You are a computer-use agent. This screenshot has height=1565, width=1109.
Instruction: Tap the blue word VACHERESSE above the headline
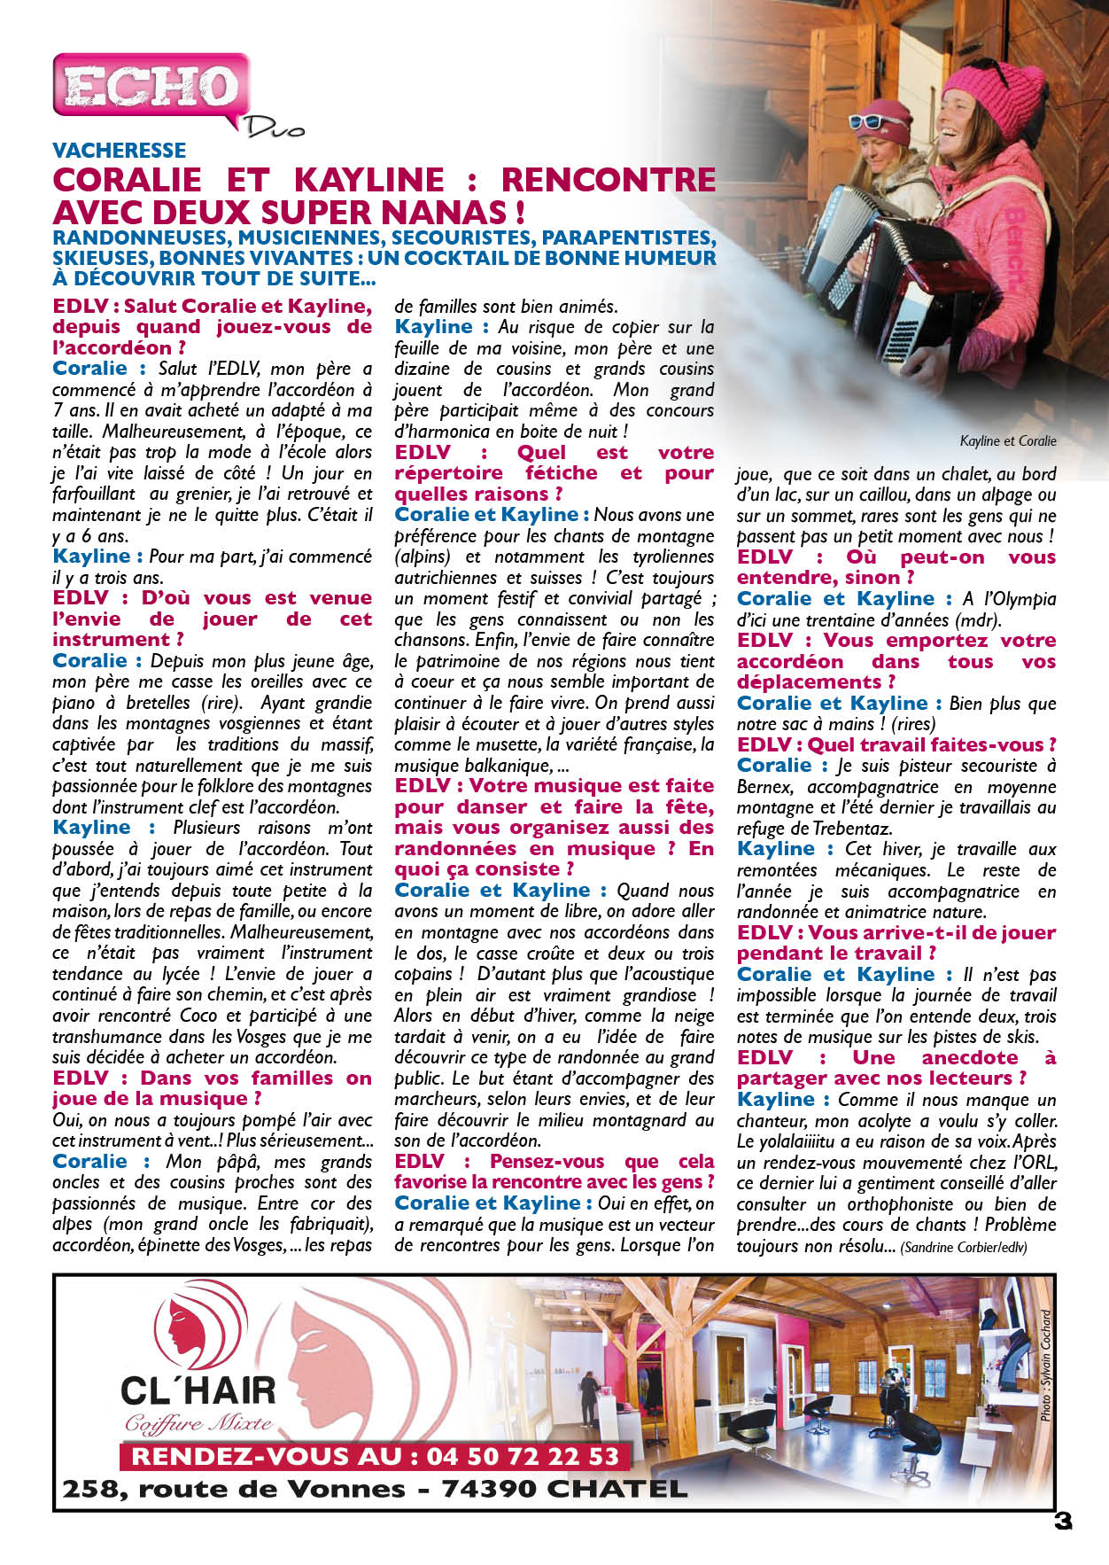pyautogui.click(x=120, y=150)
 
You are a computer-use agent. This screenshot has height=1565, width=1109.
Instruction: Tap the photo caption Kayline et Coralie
pyautogui.click(x=1007, y=440)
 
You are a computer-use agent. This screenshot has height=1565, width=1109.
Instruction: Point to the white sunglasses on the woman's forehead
pyautogui.click(x=877, y=121)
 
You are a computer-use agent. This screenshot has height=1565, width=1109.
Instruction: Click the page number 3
pyautogui.click(x=1063, y=1521)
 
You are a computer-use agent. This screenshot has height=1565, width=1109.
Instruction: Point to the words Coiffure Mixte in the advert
pyautogui.click(x=198, y=1424)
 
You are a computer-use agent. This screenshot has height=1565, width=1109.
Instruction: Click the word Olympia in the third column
pyautogui.click(x=1025, y=598)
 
